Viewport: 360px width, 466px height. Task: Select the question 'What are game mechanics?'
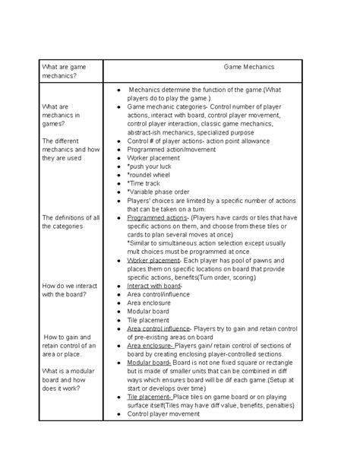tap(60, 71)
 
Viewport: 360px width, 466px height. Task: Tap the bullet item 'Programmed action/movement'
tap(172, 150)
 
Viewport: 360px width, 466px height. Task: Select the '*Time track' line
tap(145, 183)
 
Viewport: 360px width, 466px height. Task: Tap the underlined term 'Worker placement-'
tap(154, 260)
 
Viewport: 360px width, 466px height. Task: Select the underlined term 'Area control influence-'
tap(161, 328)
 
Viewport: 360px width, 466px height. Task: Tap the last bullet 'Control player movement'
tap(163, 414)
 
